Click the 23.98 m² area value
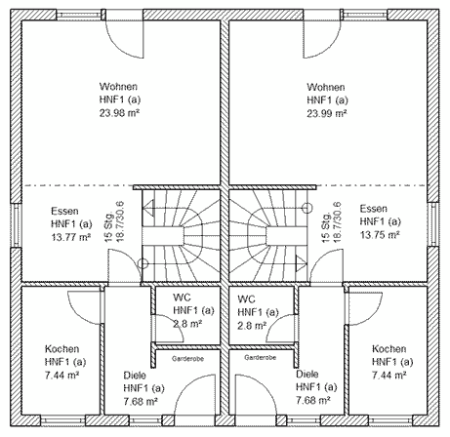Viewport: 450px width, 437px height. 120,113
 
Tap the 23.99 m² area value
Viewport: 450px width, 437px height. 327,113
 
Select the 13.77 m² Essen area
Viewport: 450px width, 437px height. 71,237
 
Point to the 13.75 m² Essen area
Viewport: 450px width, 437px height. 380,234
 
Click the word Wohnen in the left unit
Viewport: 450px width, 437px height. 118,87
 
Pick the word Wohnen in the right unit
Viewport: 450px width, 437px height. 326,87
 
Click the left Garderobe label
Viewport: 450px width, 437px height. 187,359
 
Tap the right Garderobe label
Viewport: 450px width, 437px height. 261,358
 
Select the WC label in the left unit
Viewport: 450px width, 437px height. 182,298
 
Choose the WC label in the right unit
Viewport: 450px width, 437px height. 246,298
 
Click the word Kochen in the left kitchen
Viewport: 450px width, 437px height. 61,349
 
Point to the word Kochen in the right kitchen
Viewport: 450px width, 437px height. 389,349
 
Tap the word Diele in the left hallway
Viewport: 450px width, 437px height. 135,376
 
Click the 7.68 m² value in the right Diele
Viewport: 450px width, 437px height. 313,400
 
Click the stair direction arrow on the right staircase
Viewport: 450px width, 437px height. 301,262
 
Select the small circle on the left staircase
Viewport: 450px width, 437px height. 143,263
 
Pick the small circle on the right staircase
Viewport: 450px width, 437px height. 307,208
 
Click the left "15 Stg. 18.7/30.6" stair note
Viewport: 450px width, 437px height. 114,221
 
